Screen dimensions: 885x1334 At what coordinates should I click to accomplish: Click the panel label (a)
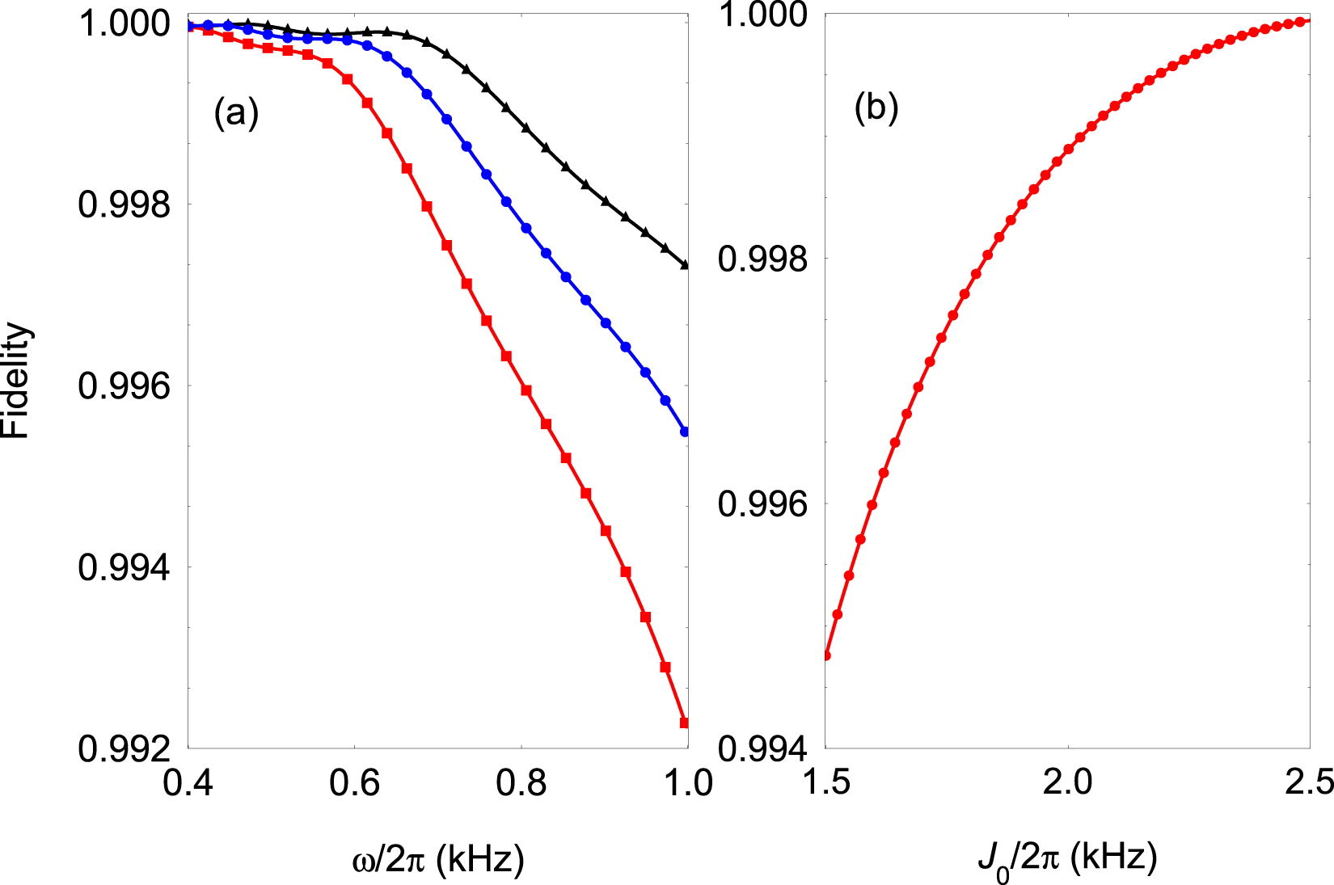point(236,112)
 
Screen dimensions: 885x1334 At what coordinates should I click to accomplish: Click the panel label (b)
point(876,107)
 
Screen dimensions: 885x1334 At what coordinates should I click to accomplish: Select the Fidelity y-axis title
point(16,381)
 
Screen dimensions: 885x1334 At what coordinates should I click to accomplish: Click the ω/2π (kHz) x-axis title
point(438,859)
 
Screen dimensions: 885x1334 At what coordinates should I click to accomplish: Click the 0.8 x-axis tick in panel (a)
point(521,782)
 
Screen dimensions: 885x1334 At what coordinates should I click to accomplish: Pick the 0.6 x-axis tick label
point(355,782)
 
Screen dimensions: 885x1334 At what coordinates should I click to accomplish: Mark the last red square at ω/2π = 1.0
point(685,723)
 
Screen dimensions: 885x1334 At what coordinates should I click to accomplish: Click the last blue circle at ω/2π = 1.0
point(685,432)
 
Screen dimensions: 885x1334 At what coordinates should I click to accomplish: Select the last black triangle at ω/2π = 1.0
point(685,264)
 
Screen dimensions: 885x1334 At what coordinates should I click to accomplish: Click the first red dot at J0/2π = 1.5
point(826,655)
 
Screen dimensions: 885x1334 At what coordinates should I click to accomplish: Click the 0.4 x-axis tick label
point(188,782)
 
